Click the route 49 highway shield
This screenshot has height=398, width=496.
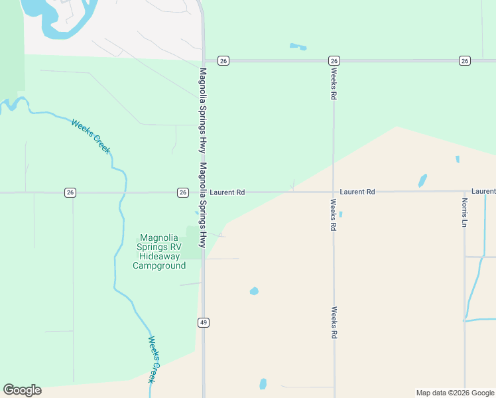[204, 322]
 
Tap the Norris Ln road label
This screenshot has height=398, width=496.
[465, 211]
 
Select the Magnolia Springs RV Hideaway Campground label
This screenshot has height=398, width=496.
[159, 252]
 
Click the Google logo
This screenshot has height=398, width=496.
[22, 390]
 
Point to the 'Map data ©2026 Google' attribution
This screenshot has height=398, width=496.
[455, 393]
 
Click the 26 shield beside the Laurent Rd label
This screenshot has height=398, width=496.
[183, 192]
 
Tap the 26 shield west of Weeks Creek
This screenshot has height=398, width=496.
[70, 192]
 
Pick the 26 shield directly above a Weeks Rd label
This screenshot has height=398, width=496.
[334, 61]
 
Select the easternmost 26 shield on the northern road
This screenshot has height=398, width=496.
[464, 61]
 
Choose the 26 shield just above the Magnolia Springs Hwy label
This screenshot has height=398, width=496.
[223, 61]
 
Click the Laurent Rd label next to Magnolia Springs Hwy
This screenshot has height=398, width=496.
[227, 192]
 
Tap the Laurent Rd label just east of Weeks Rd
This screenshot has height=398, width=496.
[357, 192]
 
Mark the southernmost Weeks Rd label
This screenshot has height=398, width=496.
[335, 323]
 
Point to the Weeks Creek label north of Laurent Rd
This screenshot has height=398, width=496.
[91, 136]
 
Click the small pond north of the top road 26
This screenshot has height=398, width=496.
[298, 46]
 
